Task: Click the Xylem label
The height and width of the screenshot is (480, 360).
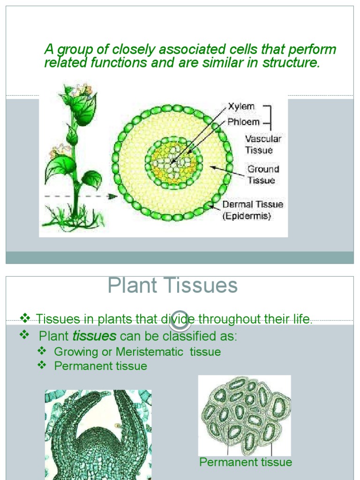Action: click(241, 106)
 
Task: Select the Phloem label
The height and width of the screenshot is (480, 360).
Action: click(243, 122)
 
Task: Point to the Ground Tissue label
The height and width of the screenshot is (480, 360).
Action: click(263, 174)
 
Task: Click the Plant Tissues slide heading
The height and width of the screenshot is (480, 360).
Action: click(172, 285)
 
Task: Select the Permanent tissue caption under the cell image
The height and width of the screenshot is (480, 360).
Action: click(246, 462)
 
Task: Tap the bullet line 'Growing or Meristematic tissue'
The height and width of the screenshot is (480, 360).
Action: click(137, 352)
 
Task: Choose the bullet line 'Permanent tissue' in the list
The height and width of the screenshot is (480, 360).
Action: click(100, 366)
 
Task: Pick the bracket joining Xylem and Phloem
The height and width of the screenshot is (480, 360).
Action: click(269, 114)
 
